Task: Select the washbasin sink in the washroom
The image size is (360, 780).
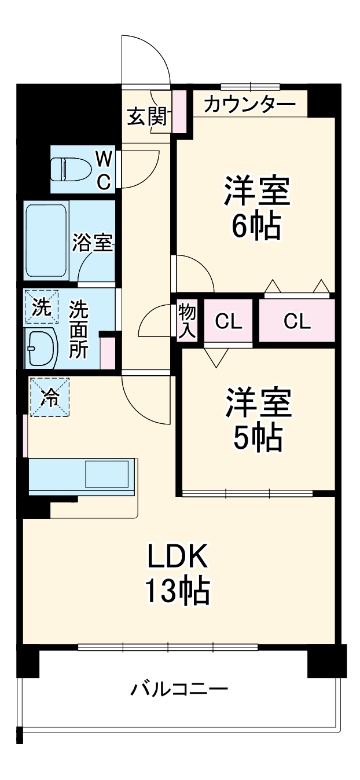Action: [41, 349]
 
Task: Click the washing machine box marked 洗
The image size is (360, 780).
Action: [41, 306]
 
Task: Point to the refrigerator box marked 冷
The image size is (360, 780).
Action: [50, 397]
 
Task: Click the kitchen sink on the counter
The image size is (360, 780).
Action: [107, 474]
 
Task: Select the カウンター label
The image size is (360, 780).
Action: [249, 105]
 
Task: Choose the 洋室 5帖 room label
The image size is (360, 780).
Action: [258, 421]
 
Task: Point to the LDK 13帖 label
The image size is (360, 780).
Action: [177, 573]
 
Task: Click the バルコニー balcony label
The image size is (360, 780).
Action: [179, 689]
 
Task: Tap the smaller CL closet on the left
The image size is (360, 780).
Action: [229, 321]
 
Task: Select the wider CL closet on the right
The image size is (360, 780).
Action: [297, 321]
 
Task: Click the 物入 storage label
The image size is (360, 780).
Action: [188, 320]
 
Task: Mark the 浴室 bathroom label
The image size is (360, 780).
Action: [92, 243]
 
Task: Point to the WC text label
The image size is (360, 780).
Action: [103, 169]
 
